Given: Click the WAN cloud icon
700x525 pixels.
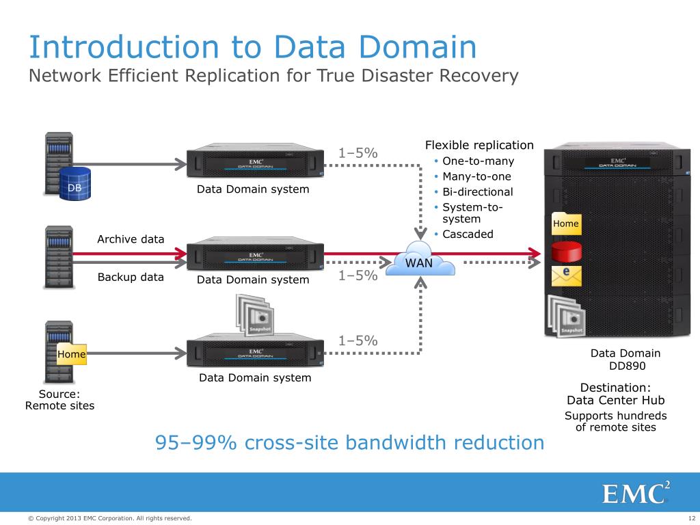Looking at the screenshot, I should (419, 258).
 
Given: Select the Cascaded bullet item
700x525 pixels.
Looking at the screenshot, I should (468, 234).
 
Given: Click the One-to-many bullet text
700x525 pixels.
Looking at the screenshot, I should (478, 161).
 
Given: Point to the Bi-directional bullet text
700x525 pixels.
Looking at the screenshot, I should (477, 191).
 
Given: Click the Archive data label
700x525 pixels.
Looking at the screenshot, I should (131, 239).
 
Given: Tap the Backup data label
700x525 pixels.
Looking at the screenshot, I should (131, 277).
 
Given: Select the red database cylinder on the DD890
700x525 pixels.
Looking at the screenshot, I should (565, 251).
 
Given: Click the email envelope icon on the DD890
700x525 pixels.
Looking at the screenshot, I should (565, 275).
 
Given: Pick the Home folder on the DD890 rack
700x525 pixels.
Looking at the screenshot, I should (566, 224).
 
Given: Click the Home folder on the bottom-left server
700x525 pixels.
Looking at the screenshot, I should (72, 354).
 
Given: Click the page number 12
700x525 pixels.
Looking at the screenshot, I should (690, 519).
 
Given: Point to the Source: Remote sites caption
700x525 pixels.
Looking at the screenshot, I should (59, 400).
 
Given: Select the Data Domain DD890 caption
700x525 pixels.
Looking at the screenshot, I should (625, 360).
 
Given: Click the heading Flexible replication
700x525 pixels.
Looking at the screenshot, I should (479, 145).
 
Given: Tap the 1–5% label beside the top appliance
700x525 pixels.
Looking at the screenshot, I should (358, 153).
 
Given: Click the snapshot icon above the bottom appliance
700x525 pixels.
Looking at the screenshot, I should (254, 314).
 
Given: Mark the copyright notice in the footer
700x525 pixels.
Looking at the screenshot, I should (109, 519).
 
